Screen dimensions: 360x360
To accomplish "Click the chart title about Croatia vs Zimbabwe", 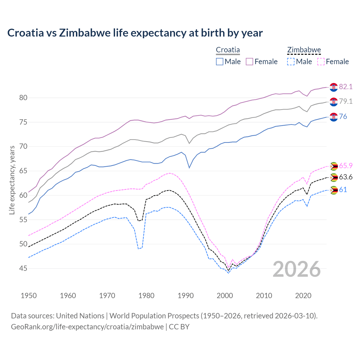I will coord(135,33).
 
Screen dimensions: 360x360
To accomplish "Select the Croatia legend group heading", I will coord(228,50).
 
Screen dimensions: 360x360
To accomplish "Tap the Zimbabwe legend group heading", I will coord(304,50).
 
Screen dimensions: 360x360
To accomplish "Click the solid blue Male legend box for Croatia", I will coord(220,62).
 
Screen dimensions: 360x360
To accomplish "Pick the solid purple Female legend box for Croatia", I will coord(249,62).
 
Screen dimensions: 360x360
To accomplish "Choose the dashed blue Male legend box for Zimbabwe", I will coord(291,62).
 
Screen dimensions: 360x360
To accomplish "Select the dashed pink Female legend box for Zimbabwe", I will coord(321,62).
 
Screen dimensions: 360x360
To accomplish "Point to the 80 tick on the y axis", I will coord(23,98).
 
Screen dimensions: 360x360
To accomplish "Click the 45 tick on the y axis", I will coord(23,269).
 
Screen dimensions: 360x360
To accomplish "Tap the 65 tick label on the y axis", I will coord(23,171).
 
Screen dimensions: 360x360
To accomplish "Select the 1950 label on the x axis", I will coord(29,296).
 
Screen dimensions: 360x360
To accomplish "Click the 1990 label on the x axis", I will coord(186,296).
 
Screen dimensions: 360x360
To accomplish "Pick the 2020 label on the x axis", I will coord(303,296).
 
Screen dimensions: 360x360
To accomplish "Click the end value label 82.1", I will coord(346,87).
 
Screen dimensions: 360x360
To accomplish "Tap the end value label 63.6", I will coord(346,177).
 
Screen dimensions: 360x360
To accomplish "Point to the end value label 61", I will coord(343,190).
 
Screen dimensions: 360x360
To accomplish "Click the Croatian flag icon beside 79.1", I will coord(334,102).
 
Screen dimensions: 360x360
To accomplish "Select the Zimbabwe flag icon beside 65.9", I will coord(334,166).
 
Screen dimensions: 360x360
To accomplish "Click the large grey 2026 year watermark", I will coord(297,269).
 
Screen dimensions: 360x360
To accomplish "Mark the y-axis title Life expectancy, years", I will coord(12,180).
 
